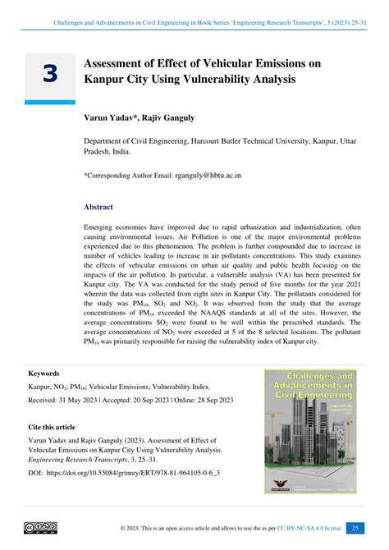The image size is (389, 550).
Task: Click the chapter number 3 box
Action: (x=50, y=74)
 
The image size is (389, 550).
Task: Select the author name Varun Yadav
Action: (x=106, y=117)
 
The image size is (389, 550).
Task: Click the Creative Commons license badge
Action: (x=40, y=527)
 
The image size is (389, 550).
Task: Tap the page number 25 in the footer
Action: (x=355, y=528)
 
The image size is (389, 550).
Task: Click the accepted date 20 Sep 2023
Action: (x=150, y=400)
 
